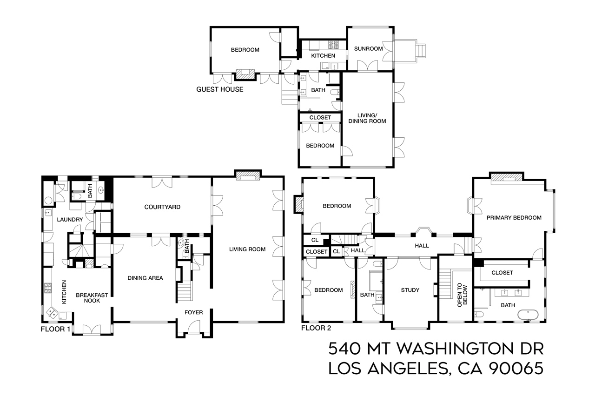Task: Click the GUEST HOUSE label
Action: click(219, 89)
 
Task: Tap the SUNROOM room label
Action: click(368, 49)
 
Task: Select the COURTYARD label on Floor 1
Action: click(162, 207)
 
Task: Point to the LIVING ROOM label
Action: click(247, 249)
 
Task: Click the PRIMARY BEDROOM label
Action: click(514, 218)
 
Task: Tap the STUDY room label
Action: click(410, 290)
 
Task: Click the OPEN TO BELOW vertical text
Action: click(462, 295)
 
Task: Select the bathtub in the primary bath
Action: click(528, 315)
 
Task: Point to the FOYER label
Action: click(193, 312)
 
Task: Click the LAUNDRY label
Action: click(70, 220)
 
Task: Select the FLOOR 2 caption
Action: click(316, 328)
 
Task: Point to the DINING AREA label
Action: click(145, 278)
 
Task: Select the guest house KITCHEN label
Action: click(323, 56)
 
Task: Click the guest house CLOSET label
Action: click(320, 118)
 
